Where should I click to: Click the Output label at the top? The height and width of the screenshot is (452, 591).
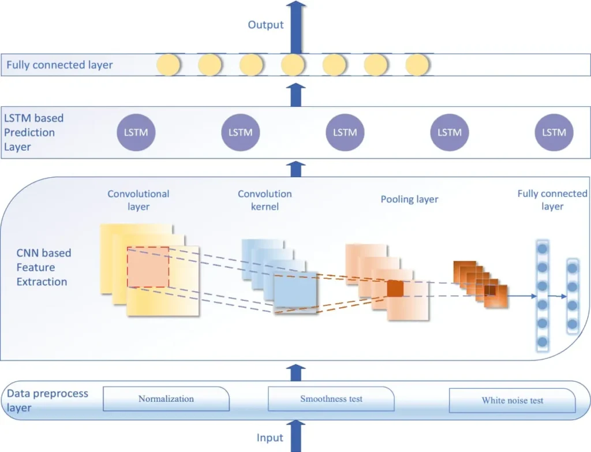pyautogui.click(x=265, y=25)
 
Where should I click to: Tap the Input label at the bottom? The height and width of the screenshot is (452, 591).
pyautogui.click(x=270, y=438)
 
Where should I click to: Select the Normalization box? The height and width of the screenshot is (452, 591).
pyautogui.click(x=166, y=399)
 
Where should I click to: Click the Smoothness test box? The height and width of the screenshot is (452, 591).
pyautogui.click(x=331, y=399)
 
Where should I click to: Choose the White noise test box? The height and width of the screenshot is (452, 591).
pyautogui.click(x=513, y=400)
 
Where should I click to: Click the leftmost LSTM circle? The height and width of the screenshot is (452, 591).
pyautogui.click(x=136, y=132)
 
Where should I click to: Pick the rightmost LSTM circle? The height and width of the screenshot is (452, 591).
pyautogui.click(x=554, y=132)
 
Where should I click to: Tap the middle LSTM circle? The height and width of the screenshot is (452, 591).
pyautogui.click(x=345, y=132)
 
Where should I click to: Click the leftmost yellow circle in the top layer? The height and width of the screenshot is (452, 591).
pyautogui.click(x=169, y=65)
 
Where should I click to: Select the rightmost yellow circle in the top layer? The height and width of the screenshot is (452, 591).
pyautogui.click(x=417, y=65)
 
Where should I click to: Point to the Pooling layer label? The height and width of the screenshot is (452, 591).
pyautogui.click(x=409, y=200)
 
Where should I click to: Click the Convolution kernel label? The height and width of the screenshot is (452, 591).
pyautogui.click(x=265, y=200)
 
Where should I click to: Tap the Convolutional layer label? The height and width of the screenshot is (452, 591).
pyautogui.click(x=139, y=200)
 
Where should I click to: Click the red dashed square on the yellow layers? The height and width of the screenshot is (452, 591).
pyautogui.click(x=148, y=267)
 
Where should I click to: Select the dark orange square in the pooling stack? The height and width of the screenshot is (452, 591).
pyautogui.click(x=395, y=288)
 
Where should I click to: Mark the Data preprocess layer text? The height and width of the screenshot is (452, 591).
pyautogui.click(x=47, y=400)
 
